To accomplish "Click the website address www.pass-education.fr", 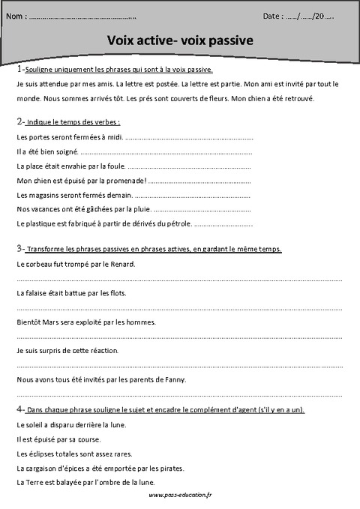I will tap(180, 496).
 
